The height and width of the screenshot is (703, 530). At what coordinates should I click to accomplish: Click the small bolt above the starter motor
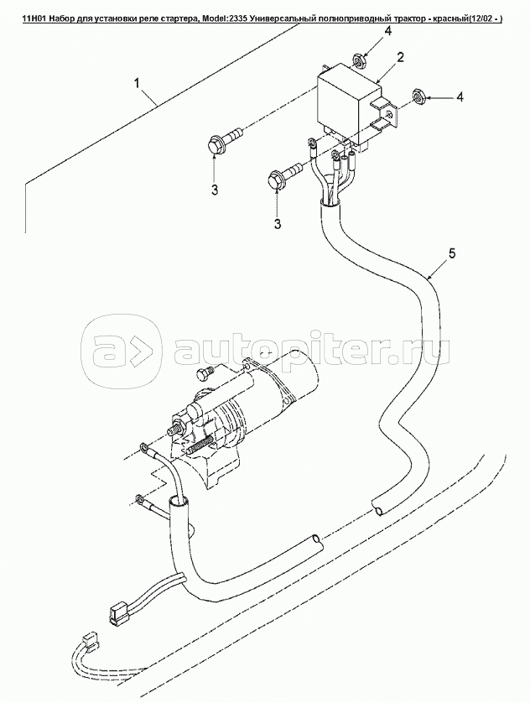pyautogui.click(x=203, y=372)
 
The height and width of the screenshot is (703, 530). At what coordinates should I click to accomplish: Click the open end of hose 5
pyautogui.click(x=378, y=508)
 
